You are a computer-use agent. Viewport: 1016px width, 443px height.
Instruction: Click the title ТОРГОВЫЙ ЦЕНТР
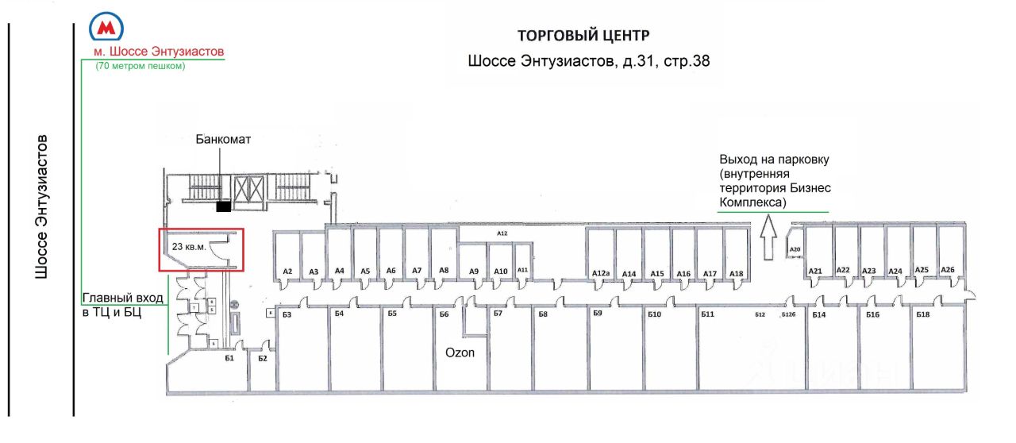pos(583,36)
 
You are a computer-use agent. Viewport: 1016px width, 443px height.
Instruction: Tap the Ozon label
pos(459,352)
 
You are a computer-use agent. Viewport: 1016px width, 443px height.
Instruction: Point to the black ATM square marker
pos(224,207)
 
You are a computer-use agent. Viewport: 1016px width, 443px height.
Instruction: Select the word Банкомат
pos(224,139)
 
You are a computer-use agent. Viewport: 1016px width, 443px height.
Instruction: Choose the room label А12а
pos(600,274)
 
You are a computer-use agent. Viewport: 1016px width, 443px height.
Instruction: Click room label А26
pos(947,270)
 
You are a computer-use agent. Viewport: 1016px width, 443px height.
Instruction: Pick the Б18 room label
pos(922,315)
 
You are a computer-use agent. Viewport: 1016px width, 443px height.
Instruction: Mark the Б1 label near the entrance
pos(229,358)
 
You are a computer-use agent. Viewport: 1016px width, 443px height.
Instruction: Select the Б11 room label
pos(708,315)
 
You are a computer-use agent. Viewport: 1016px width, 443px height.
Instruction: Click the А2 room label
pos(287,272)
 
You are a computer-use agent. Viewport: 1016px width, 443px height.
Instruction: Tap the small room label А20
pos(795,250)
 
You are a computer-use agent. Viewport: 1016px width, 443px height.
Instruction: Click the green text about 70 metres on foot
pos(140,67)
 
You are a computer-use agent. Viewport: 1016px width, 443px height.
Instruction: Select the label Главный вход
pos(122,299)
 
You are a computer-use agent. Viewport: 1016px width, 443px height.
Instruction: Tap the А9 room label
pos(474,272)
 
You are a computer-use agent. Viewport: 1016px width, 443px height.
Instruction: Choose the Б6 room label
pos(444,314)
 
